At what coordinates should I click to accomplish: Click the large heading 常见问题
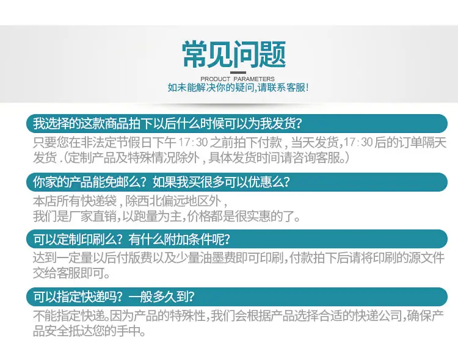234,54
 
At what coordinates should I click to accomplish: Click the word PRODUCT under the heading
215,79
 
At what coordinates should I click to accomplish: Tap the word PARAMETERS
254,79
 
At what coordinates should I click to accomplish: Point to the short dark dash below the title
238,73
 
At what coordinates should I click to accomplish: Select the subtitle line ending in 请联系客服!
238,87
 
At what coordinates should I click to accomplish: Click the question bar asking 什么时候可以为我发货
236,123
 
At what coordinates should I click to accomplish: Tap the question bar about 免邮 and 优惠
236,182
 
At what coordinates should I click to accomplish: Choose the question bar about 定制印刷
236,239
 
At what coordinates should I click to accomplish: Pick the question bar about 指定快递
236,297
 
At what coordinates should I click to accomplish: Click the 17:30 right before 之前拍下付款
193,143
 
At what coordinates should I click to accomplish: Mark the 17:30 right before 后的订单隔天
358,143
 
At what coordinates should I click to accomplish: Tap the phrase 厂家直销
93,217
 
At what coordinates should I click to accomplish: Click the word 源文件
426,258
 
